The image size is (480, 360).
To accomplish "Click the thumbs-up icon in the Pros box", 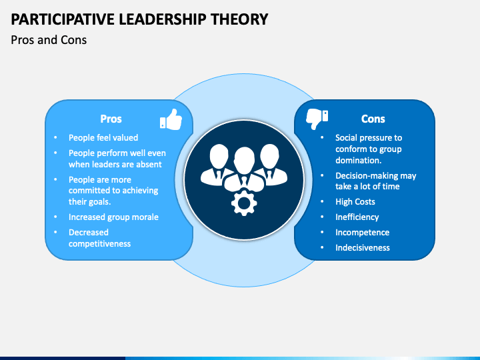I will tap(171, 119).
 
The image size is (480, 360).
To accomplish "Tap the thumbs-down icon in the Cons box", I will tap(316, 119).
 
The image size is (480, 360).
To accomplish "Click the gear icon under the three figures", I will tap(243, 202).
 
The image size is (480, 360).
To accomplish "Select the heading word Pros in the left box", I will tap(111, 119).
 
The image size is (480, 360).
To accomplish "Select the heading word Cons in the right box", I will tap(373, 119).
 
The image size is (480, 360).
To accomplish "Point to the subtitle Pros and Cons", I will tap(49, 40).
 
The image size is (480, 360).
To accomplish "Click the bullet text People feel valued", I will tap(103, 137).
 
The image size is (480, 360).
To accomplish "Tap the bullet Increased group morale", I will tap(113, 217).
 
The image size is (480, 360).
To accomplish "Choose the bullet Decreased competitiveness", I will tap(100, 238).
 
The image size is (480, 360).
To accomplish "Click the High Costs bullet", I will tap(355, 201).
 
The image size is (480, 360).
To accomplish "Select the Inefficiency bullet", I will tap(357, 217).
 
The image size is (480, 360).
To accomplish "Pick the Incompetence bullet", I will tap(362, 232).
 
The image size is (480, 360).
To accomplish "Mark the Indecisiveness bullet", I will tap(363, 247).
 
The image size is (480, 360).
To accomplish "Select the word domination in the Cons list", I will tap(358, 160).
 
